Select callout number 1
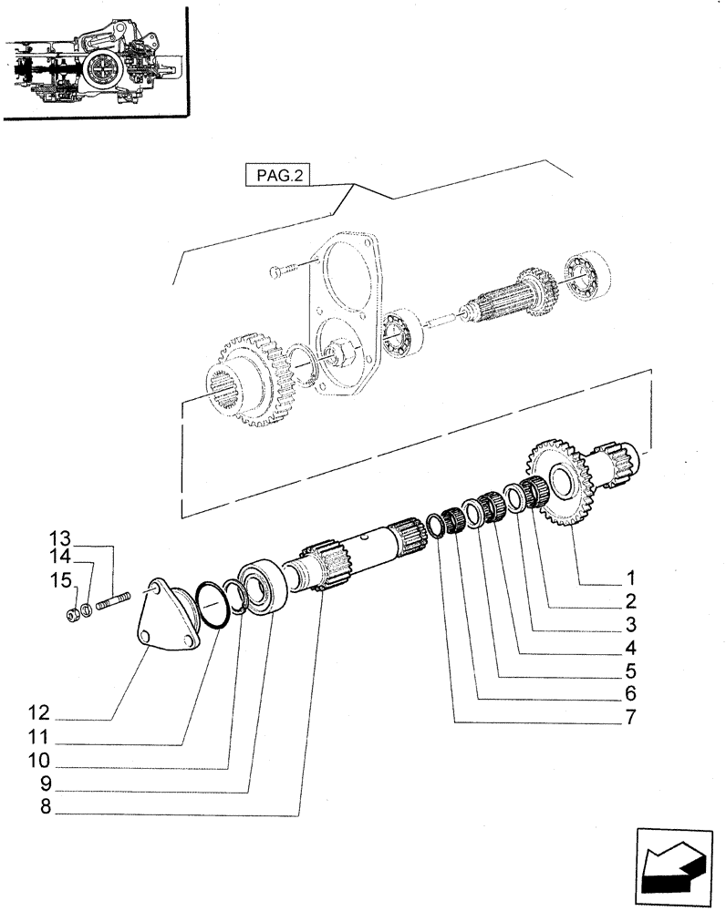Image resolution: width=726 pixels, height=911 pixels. [629, 578]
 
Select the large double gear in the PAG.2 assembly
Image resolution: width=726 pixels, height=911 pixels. [250, 383]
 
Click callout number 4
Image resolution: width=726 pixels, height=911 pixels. [629, 650]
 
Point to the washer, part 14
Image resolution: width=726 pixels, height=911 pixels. [86, 609]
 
